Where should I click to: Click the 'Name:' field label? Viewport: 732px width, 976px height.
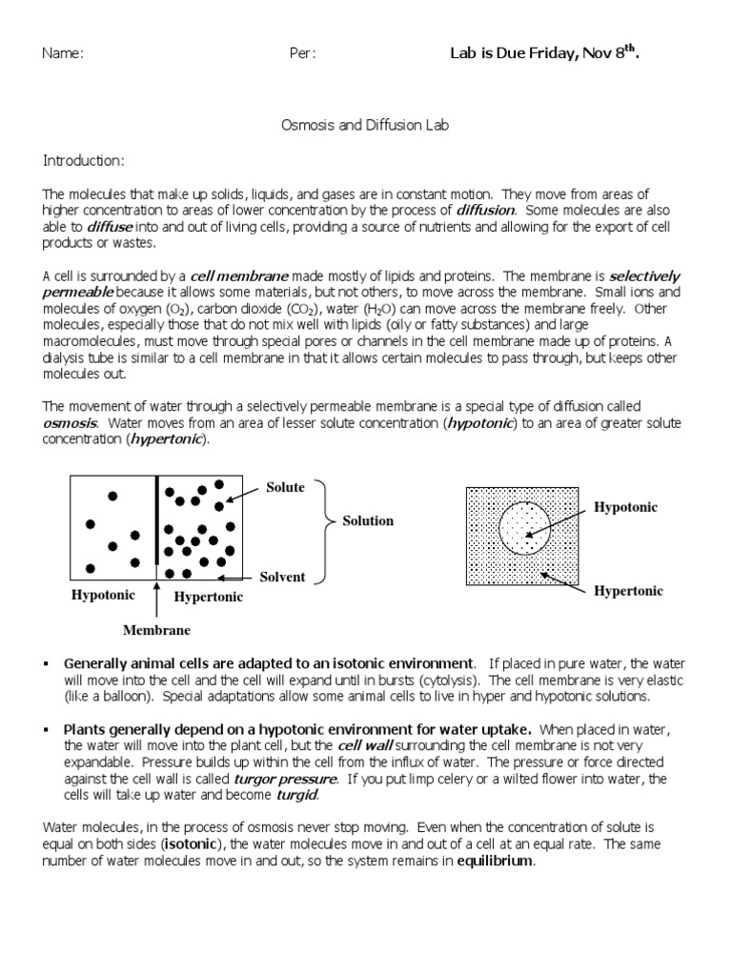[63, 53]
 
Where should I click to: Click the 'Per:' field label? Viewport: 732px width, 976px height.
[301, 53]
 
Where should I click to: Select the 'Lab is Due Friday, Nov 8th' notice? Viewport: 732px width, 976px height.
[543, 53]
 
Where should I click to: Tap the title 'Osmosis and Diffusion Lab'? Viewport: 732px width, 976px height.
[366, 125]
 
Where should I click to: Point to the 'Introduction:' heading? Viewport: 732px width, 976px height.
[83, 160]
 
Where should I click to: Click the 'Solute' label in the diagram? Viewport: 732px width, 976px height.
[285, 487]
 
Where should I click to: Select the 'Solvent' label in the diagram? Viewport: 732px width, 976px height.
[282, 577]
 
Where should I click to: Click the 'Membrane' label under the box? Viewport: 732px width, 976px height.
[156, 630]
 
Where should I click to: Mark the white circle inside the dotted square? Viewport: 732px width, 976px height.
[524, 529]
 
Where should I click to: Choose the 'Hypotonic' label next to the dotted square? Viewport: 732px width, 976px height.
[625, 507]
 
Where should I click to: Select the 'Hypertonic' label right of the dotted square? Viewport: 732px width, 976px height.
[628, 591]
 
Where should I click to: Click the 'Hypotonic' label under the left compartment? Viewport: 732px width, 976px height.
[104, 595]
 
